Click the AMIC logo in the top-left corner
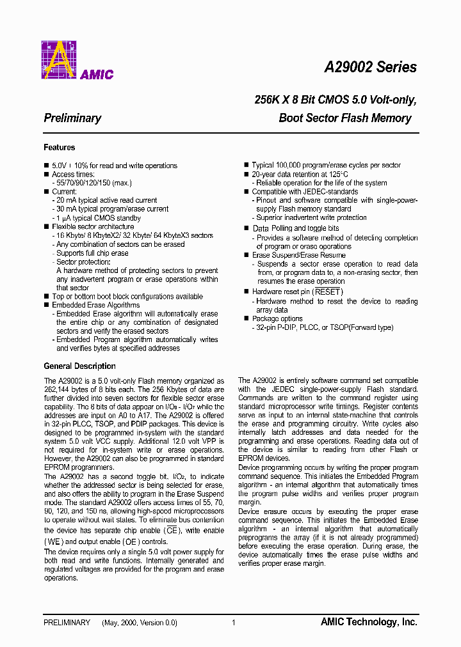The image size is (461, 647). [77, 61]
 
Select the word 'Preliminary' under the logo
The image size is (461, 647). [72, 118]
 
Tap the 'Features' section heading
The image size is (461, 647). [59, 148]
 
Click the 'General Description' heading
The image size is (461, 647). [79, 366]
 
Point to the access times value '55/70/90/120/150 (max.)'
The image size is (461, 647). [95, 183]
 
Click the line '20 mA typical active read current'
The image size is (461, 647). [106, 200]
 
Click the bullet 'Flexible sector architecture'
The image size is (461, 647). [93, 226]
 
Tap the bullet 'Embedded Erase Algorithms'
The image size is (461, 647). [95, 305]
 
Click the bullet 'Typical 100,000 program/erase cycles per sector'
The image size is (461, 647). [326, 166]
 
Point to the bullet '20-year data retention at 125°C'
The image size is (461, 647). [300, 174]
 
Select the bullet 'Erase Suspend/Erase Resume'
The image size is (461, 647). [299, 255]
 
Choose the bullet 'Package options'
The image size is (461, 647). [277, 318]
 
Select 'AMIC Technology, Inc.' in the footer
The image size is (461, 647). [369, 622]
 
